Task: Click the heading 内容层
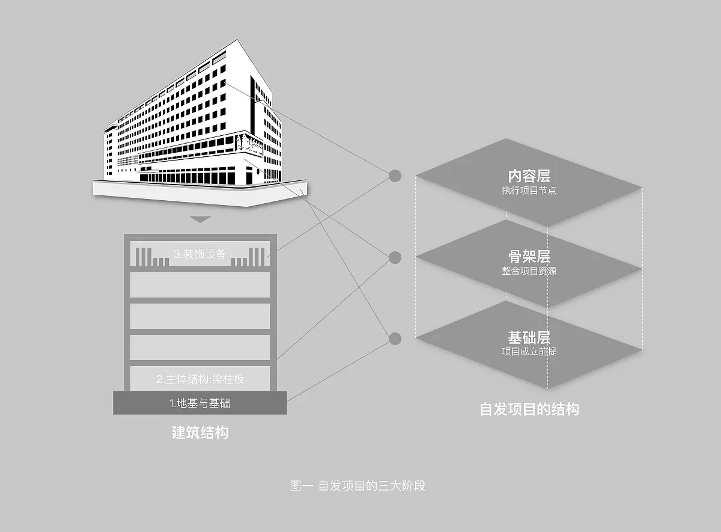[x=529, y=177]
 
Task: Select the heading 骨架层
[x=529, y=257]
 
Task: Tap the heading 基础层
[x=529, y=337]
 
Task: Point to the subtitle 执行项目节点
[x=529, y=191]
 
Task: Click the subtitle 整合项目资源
[x=529, y=271]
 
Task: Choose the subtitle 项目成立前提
[x=529, y=351]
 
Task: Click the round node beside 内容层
[x=395, y=176]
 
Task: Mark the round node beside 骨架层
[x=395, y=257]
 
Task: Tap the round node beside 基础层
[x=395, y=339]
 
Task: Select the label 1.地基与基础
[x=199, y=403]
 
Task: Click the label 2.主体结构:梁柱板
[x=200, y=379]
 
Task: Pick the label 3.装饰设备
[x=199, y=254]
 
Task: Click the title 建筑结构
[x=199, y=432]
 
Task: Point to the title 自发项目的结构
[x=529, y=409]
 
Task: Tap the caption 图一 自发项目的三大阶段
[x=357, y=486]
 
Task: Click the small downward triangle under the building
[x=200, y=219]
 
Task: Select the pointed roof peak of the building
[x=231, y=41]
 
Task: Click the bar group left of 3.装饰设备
[x=151, y=257]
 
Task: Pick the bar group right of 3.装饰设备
[x=249, y=257]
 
